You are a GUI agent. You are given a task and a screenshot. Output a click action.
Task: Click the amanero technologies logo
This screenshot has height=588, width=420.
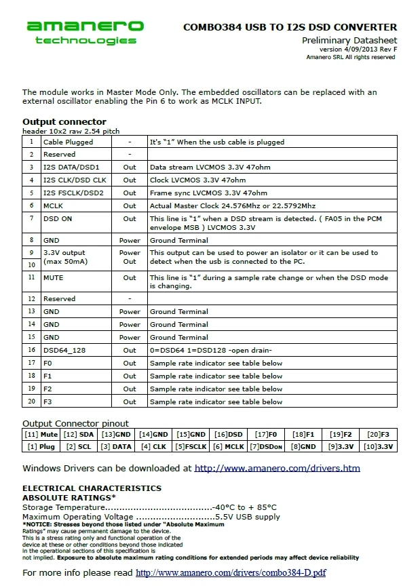click(85, 33)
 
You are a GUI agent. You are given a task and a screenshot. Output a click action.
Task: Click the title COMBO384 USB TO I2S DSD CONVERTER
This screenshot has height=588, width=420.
click(290, 27)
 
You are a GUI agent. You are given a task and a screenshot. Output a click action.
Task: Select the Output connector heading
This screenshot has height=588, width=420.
click(64, 122)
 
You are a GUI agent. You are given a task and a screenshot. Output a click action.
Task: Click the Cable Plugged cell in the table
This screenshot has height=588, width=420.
click(68, 142)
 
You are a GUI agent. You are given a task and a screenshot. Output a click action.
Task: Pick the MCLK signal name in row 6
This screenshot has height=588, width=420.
click(53, 205)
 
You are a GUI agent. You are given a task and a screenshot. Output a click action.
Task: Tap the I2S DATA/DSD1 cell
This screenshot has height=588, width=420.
click(71, 167)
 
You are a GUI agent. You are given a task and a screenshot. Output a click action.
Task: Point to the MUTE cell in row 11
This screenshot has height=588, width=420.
click(54, 277)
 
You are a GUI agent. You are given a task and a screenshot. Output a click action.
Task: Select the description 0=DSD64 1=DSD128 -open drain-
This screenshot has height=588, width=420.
click(210, 350)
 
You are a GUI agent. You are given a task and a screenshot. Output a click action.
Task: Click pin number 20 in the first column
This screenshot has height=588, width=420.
click(31, 401)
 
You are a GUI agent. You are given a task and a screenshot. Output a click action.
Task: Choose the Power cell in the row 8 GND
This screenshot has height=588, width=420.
click(130, 240)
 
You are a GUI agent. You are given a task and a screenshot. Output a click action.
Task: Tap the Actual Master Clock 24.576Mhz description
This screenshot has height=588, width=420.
click(232, 205)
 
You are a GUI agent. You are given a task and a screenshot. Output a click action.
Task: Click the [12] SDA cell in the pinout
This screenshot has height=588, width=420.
click(79, 434)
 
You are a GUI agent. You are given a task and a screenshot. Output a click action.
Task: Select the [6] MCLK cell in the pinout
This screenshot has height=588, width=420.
click(228, 446)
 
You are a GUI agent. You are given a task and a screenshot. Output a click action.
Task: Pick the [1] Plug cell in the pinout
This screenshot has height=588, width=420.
click(41, 446)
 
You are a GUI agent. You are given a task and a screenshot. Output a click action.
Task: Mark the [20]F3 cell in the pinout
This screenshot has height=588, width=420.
click(379, 434)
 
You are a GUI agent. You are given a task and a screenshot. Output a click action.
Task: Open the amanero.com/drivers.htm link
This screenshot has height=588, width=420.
click(277, 468)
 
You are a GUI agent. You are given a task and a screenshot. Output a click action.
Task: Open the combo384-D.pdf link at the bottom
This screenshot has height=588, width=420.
click(231, 573)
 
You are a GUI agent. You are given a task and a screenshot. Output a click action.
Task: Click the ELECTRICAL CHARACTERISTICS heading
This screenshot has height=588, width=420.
click(92, 488)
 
